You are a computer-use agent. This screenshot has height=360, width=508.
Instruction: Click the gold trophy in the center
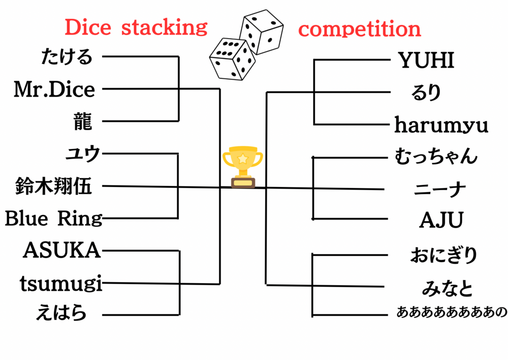coord(243,167)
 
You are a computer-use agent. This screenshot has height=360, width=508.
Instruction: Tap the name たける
coord(67,56)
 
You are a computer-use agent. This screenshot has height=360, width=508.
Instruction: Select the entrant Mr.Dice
coord(54,89)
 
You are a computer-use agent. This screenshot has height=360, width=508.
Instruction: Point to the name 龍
coord(82,122)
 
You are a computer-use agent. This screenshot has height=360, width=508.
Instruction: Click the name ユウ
coord(83,153)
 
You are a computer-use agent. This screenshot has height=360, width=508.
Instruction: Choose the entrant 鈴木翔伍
coord(54,186)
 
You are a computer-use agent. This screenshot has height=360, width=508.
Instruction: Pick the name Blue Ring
coord(53,219)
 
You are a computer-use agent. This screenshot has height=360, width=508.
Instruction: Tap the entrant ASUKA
coord(62,251)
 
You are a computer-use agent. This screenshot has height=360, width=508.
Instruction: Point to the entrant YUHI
coord(426,61)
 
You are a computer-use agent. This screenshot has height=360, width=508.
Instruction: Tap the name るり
coord(426,93)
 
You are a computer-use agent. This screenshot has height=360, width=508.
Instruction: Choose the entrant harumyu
coord(441,125)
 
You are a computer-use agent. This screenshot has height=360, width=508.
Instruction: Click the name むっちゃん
coord(436,156)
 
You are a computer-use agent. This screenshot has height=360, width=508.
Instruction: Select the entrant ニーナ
coord(440,189)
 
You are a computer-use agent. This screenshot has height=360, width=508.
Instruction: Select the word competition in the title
coord(360,28)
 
